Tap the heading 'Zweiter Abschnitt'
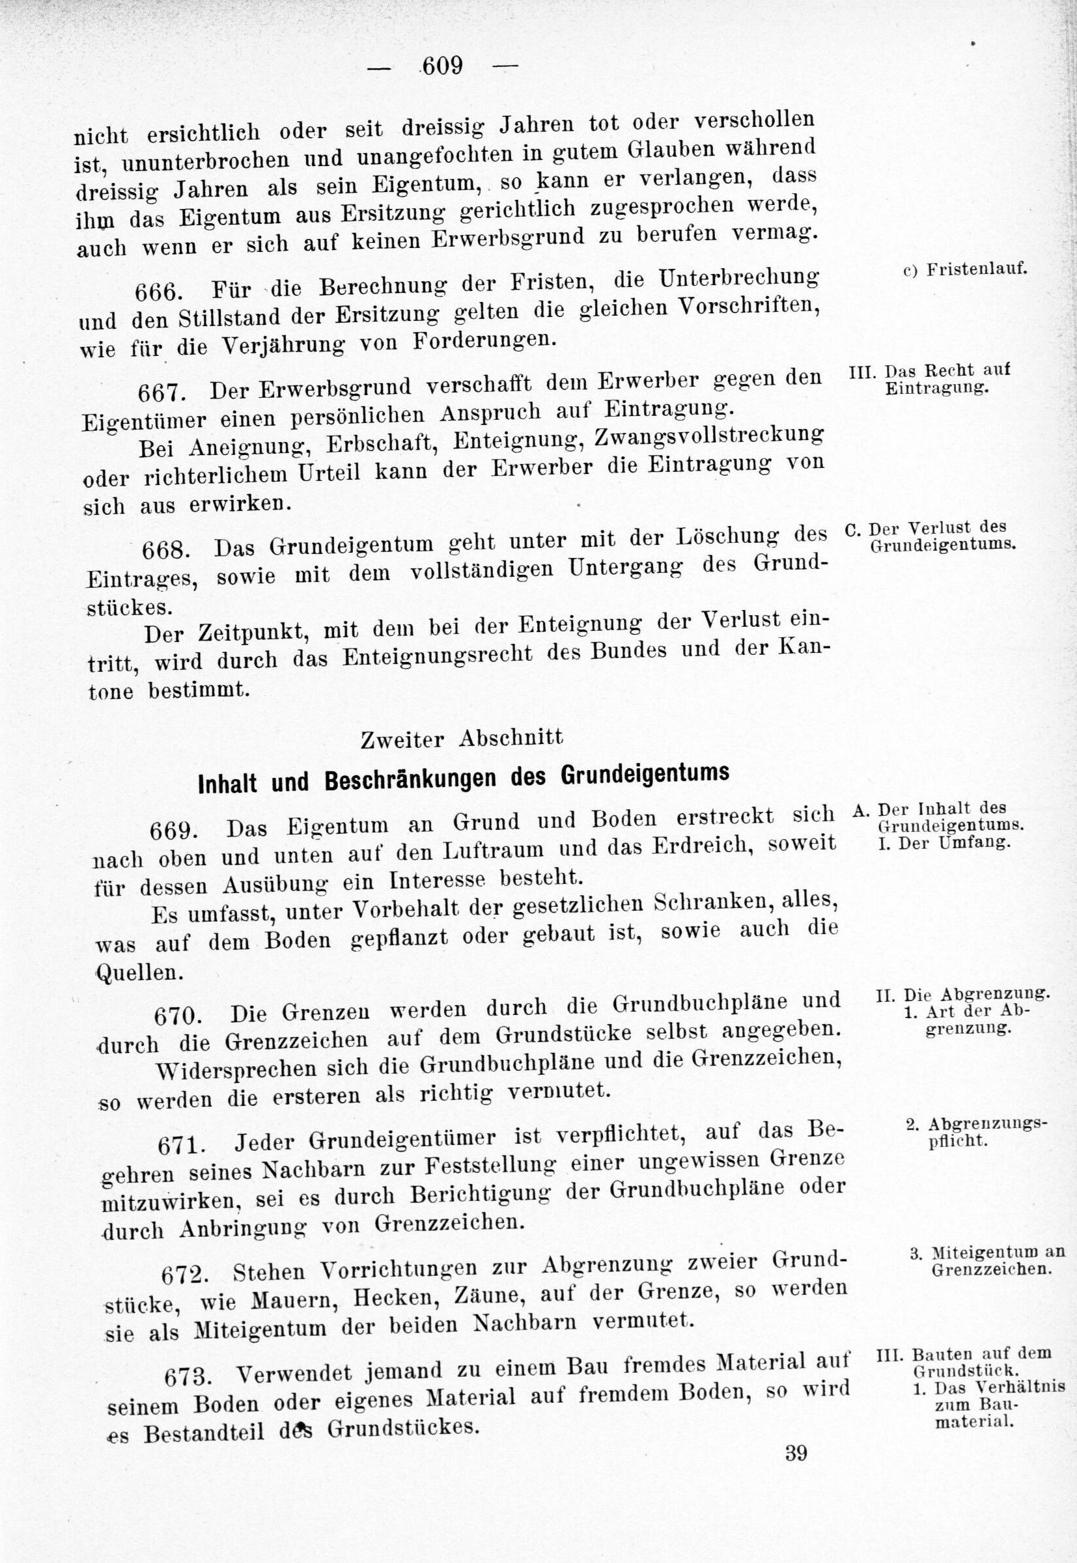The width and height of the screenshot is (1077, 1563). tap(462, 739)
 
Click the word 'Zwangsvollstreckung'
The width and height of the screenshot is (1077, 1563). tap(709, 437)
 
